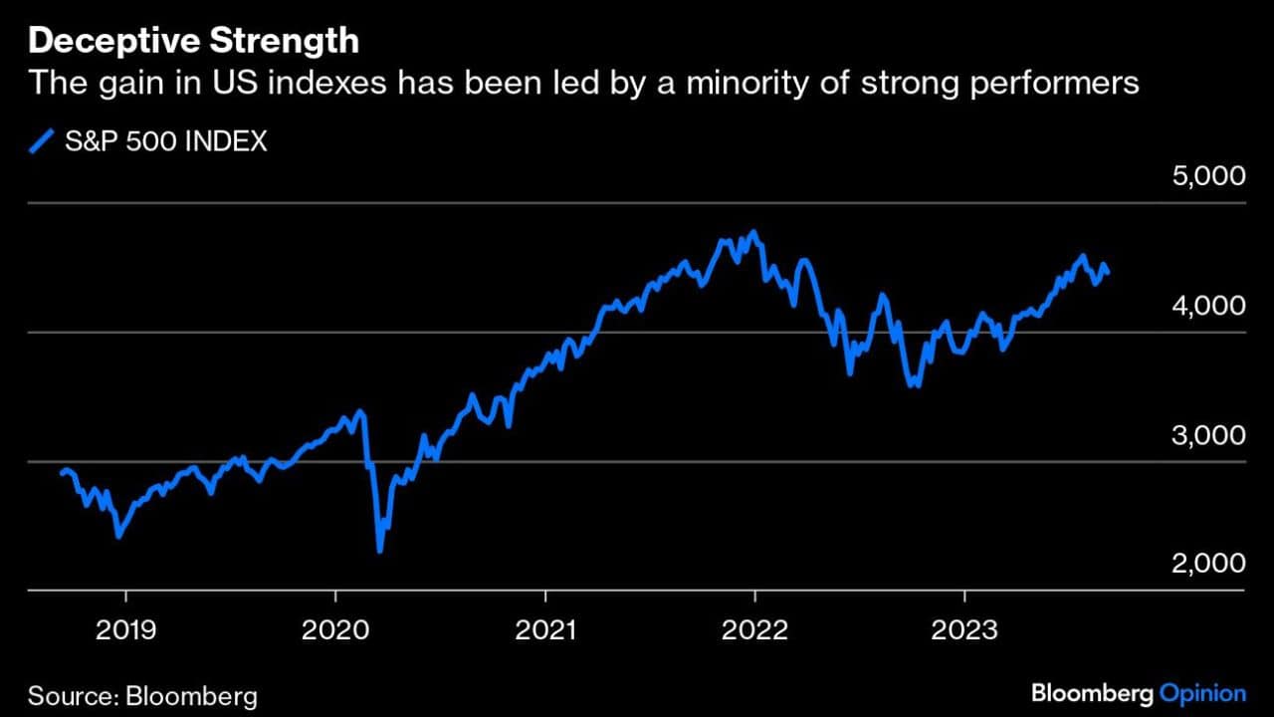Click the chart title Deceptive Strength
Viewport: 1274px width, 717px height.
click(x=193, y=41)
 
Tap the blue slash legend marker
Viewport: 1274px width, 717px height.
click(x=41, y=142)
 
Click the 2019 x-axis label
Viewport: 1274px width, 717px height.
click(x=125, y=629)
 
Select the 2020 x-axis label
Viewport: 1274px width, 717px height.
click(x=335, y=629)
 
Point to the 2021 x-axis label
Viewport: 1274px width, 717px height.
click(x=545, y=629)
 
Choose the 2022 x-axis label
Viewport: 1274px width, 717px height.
click(x=754, y=629)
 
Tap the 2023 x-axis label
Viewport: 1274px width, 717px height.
click(x=964, y=629)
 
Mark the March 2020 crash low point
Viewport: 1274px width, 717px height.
click(x=379, y=550)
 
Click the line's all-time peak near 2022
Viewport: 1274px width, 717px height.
click(x=753, y=233)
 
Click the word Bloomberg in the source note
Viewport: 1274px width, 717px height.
click(x=192, y=694)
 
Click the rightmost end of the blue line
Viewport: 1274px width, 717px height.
click(x=1109, y=273)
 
